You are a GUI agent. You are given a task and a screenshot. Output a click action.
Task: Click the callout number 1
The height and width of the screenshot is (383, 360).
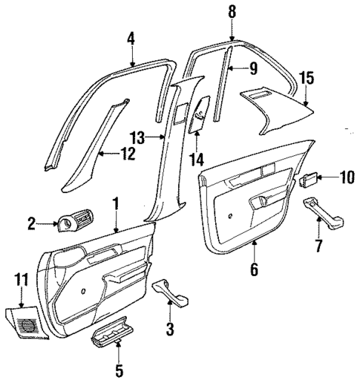click(x=116, y=203)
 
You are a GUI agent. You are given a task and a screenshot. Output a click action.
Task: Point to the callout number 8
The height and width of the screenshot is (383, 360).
click(x=232, y=11)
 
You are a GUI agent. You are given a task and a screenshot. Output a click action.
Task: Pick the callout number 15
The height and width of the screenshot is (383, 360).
click(x=306, y=77)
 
